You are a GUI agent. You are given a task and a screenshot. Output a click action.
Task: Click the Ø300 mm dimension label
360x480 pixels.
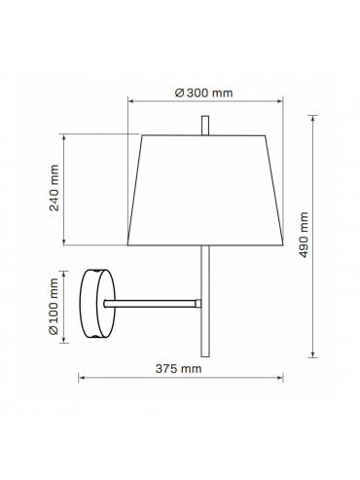[204, 92]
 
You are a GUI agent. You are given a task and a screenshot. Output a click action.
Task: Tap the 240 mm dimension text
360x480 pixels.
[54, 188]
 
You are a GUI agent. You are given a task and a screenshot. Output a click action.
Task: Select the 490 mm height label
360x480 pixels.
[304, 235]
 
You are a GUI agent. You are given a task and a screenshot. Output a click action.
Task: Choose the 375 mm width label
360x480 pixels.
[178, 369]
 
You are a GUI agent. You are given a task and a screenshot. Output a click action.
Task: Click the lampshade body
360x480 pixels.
[205, 190]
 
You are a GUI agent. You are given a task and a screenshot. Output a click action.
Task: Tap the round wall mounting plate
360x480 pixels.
[97, 304]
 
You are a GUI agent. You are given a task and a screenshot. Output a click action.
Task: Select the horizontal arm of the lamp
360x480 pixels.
[151, 304]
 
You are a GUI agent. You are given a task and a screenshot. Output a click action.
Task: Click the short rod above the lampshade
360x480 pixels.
[205, 126]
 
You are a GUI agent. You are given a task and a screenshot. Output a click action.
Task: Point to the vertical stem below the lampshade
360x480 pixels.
[205, 301]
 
